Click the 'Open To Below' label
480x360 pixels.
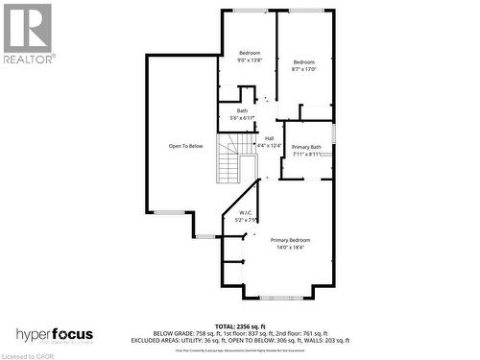coord(185,146)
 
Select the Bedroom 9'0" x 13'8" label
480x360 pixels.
coord(250,57)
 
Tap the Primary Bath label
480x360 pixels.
coord(307,147)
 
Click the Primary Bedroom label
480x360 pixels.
coord(290,240)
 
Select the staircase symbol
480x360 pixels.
coord(228,158)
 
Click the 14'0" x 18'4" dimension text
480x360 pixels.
coord(290,247)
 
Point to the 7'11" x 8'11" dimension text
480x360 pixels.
coord(307,154)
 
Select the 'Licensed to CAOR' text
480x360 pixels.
coord(29,354)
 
